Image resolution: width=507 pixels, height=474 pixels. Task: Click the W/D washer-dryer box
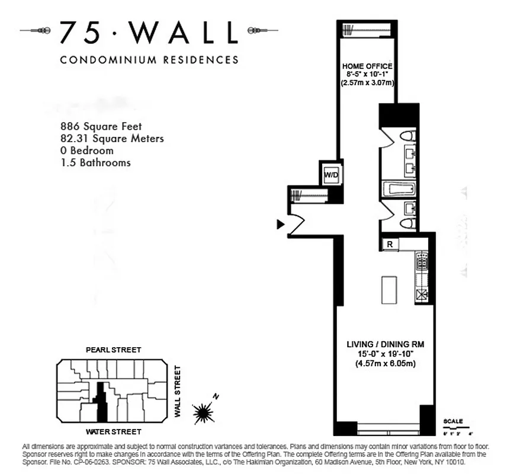[329, 174]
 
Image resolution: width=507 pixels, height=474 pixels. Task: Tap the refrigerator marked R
[390, 244]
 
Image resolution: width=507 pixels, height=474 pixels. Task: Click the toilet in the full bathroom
[407, 136]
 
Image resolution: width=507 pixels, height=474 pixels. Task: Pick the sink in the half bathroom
[409, 207]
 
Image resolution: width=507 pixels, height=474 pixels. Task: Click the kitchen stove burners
[422, 261]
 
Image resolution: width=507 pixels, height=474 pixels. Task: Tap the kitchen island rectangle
[388, 289]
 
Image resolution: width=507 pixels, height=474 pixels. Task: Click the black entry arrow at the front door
[280, 224]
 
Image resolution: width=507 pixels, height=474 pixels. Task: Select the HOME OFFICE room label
[367, 65]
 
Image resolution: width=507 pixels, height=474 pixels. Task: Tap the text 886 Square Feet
[101, 126]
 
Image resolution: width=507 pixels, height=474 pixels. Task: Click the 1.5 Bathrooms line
[95, 162]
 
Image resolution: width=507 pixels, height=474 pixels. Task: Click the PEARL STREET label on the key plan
[113, 350]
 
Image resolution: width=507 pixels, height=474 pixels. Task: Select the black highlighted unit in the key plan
[102, 403]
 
